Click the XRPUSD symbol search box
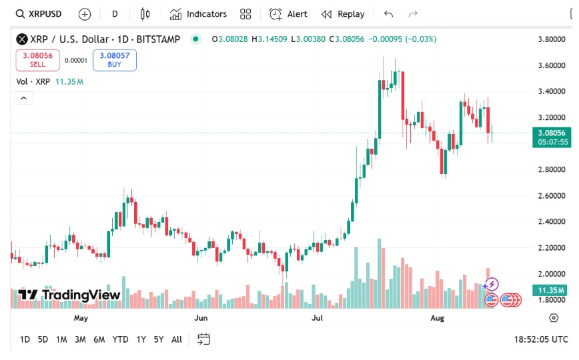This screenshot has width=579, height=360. [40, 14]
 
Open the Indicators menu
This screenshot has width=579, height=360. [198, 14]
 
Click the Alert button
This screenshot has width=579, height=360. [288, 14]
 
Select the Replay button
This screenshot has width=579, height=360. [343, 14]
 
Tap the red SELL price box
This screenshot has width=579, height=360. [37, 60]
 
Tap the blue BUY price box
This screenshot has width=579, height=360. [114, 60]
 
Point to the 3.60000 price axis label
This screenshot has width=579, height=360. [552, 65]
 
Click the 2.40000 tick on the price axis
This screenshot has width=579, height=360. [552, 221]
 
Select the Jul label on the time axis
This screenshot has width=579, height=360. [318, 319]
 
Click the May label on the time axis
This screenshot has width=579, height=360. [81, 319]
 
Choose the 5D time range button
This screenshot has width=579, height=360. [43, 339]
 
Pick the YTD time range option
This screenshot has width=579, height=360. [120, 339]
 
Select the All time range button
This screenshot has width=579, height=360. [177, 339]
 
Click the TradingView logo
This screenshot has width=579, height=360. [69, 295]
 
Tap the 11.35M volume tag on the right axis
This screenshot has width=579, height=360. [550, 290]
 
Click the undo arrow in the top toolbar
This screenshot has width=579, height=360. [389, 14]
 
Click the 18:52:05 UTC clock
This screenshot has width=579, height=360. [541, 339]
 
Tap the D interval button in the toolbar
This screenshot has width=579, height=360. [115, 14]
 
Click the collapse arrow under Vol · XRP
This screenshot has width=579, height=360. [23, 98]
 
